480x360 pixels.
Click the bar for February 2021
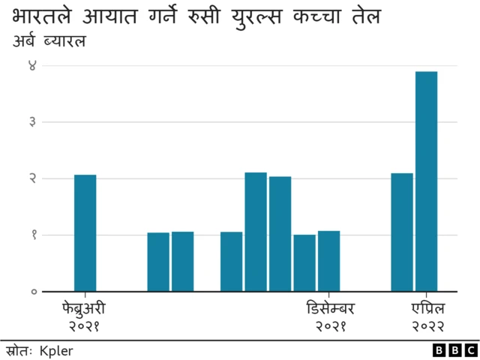click(85, 232)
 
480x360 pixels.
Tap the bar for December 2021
click(328, 260)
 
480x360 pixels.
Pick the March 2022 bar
click(402, 232)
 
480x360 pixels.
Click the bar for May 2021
click(158, 262)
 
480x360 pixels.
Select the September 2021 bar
click(256, 232)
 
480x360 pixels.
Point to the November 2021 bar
click(304, 262)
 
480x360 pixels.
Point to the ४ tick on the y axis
click(32, 65)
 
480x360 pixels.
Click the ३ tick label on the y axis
click(32, 121)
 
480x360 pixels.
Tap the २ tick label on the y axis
click(32, 178)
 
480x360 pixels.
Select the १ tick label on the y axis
click(32, 235)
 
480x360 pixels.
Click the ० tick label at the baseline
click(32, 291)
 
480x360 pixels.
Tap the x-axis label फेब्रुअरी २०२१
click(84, 317)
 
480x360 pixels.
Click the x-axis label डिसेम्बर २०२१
click(330, 317)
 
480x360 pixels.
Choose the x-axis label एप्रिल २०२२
click(427, 317)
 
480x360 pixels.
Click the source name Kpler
click(56, 350)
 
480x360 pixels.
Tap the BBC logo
click(454, 350)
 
